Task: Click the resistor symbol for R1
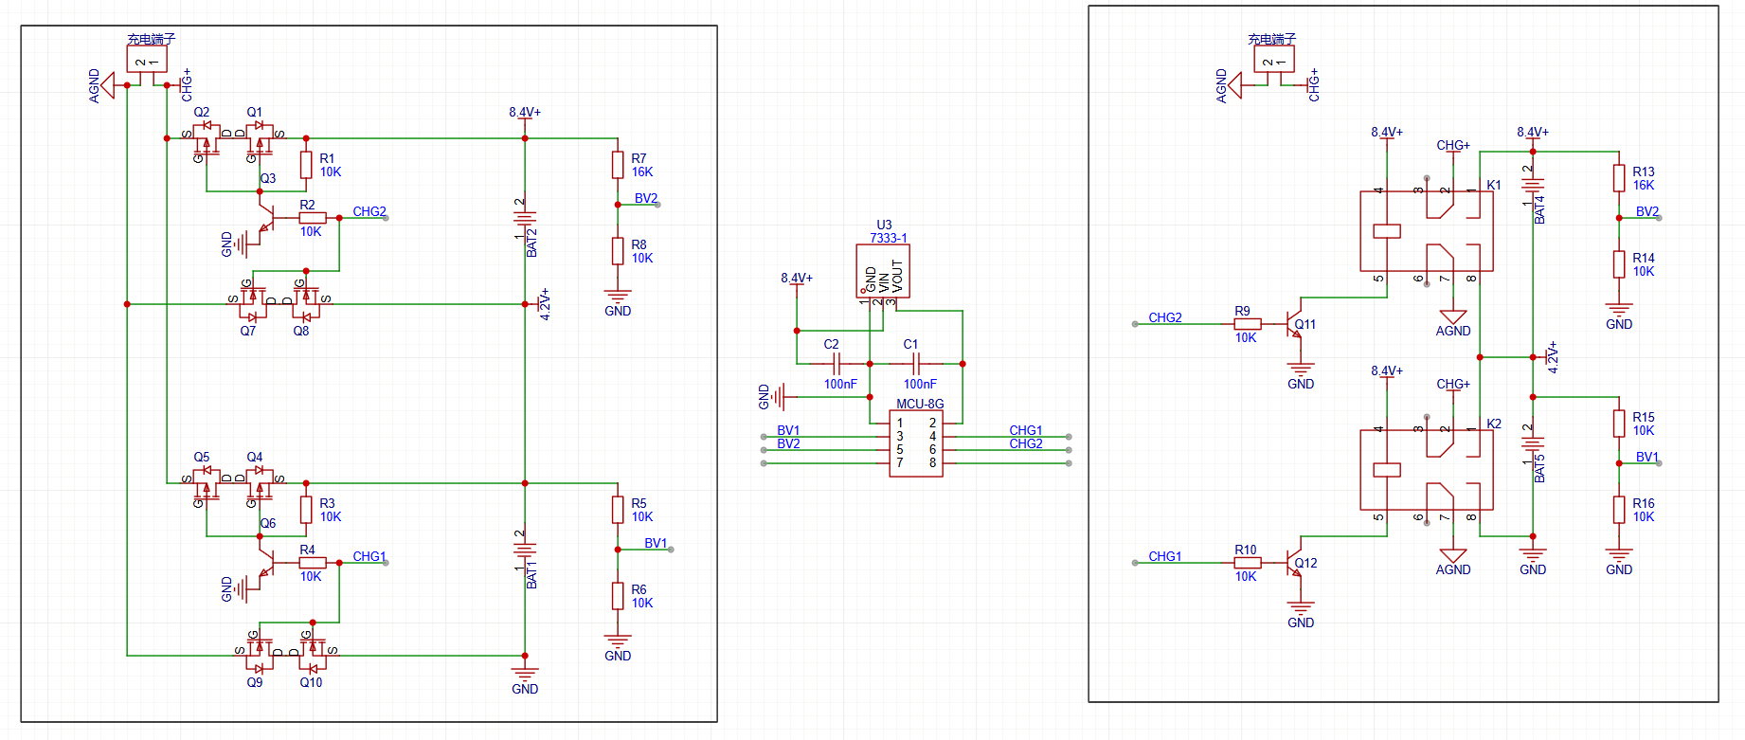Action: click(306, 165)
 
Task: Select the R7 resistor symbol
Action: click(618, 165)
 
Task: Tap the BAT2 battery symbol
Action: click(525, 218)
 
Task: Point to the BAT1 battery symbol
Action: click(525, 550)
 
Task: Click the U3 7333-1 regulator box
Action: click(883, 271)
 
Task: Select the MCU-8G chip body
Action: click(916, 443)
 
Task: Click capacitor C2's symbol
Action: click(835, 364)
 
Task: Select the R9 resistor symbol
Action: click(1248, 324)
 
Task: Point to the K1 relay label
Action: click(1494, 185)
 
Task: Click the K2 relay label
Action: click(1494, 424)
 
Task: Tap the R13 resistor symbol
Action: click(1619, 178)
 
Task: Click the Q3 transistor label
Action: click(268, 178)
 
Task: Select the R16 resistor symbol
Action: click(1619, 510)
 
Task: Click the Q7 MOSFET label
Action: click(247, 331)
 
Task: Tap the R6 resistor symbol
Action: click(618, 596)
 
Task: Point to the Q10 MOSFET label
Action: click(311, 682)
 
